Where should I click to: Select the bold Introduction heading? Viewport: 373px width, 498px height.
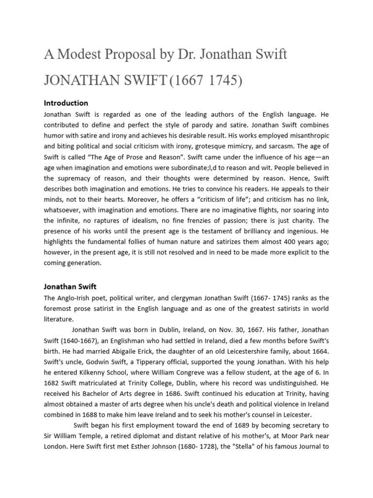(66, 103)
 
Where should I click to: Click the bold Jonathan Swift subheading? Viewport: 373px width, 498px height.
(70, 286)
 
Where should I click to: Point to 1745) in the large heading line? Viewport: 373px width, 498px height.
(224, 80)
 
